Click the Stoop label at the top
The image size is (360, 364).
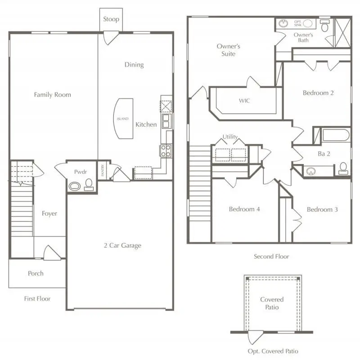pos(111,19)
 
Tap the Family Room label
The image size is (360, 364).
pos(53,95)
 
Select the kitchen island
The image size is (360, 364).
pos(123,119)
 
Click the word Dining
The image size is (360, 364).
pos(134,65)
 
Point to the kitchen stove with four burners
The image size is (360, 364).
pos(165,150)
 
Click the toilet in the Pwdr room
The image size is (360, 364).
pos(89,184)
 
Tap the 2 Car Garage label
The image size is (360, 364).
pos(122,245)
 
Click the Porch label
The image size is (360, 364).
pos(36,273)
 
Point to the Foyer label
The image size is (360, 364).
pos(49,213)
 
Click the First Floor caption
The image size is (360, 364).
pos(37,298)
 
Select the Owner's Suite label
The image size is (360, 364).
pos(228,50)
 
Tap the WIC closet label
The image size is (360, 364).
pos(244,101)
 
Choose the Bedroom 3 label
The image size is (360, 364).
pos(322,209)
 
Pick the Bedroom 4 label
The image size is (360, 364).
pos(244,209)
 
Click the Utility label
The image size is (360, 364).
pos(230,137)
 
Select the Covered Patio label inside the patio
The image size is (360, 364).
pos(272,303)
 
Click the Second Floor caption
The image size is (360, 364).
pos(271,257)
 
